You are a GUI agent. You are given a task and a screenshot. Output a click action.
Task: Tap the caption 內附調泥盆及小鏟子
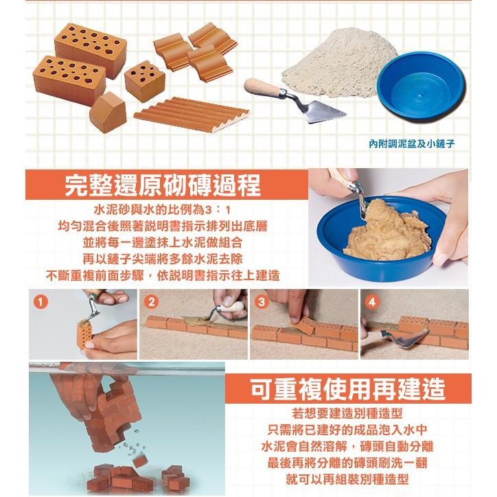412,145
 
